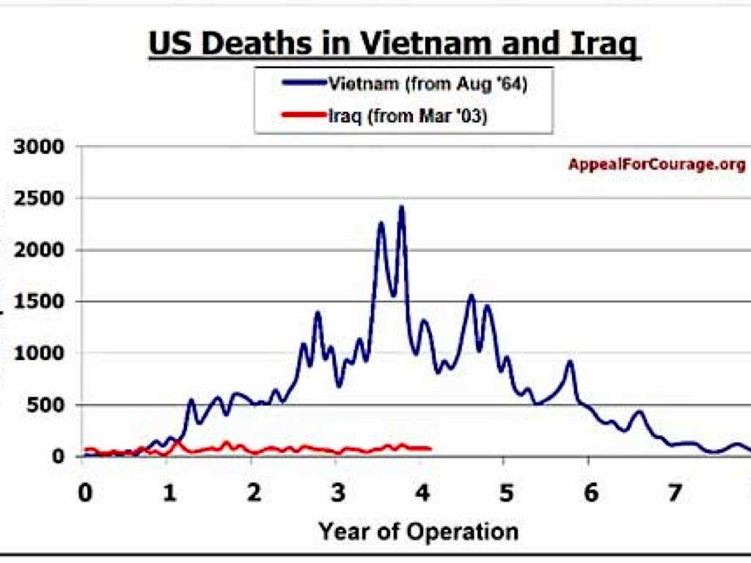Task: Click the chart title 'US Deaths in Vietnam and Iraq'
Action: pyautogui.click(x=395, y=44)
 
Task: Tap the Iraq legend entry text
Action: pyautogui.click(x=405, y=115)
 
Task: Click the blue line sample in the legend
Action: pyautogui.click(x=301, y=84)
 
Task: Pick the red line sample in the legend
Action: pyautogui.click(x=301, y=115)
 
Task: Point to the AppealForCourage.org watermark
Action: pyautogui.click(x=656, y=164)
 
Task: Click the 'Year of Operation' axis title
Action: pyautogui.click(x=418, y=531)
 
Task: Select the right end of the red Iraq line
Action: pyautogui.click(x=430, y=449)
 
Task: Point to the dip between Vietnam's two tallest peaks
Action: pyautogui.click(x=393, y=295)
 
